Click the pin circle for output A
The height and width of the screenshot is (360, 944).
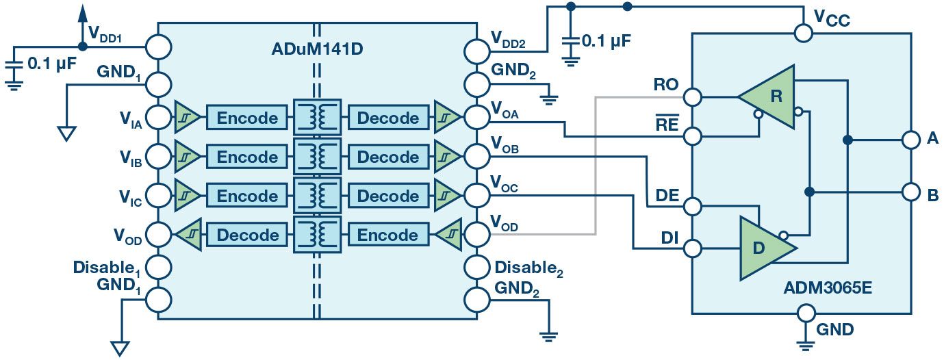coord(910,140)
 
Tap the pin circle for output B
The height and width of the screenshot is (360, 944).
coord(910,192)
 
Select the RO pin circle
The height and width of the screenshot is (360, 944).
coord(693,97)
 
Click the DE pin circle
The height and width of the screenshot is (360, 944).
coord(693,206)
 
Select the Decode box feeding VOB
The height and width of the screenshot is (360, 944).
coord(388,157)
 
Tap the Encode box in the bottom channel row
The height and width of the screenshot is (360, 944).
coord(388,235)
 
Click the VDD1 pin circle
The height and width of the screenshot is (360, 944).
coord(158,47)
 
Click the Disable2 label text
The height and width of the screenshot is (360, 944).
coord(528,268)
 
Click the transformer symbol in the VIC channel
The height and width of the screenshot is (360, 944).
coord(316,196)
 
